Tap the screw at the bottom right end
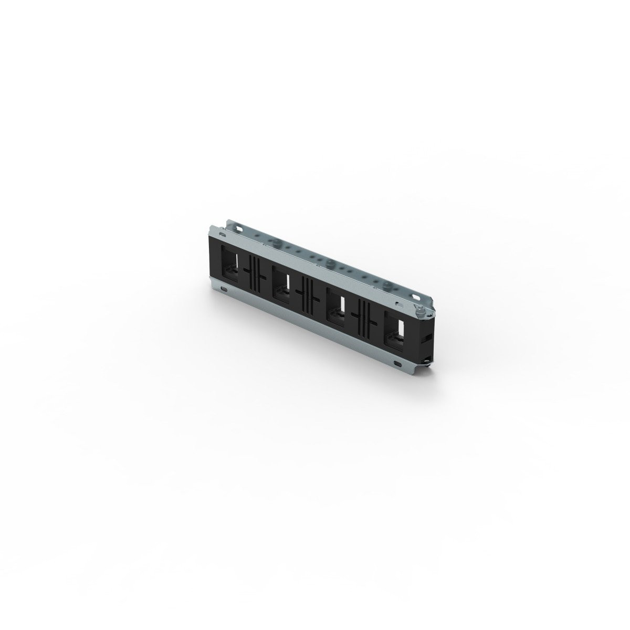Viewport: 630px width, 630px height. click(x=430, y=358)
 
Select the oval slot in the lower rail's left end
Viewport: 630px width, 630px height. click(x=225, y=289)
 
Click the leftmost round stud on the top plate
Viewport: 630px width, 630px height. click(x=273, y=243)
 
